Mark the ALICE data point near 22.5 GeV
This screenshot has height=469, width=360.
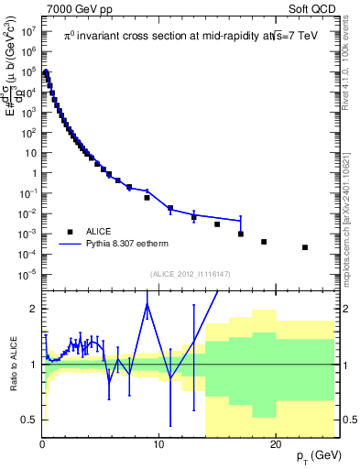click(305, 247)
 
